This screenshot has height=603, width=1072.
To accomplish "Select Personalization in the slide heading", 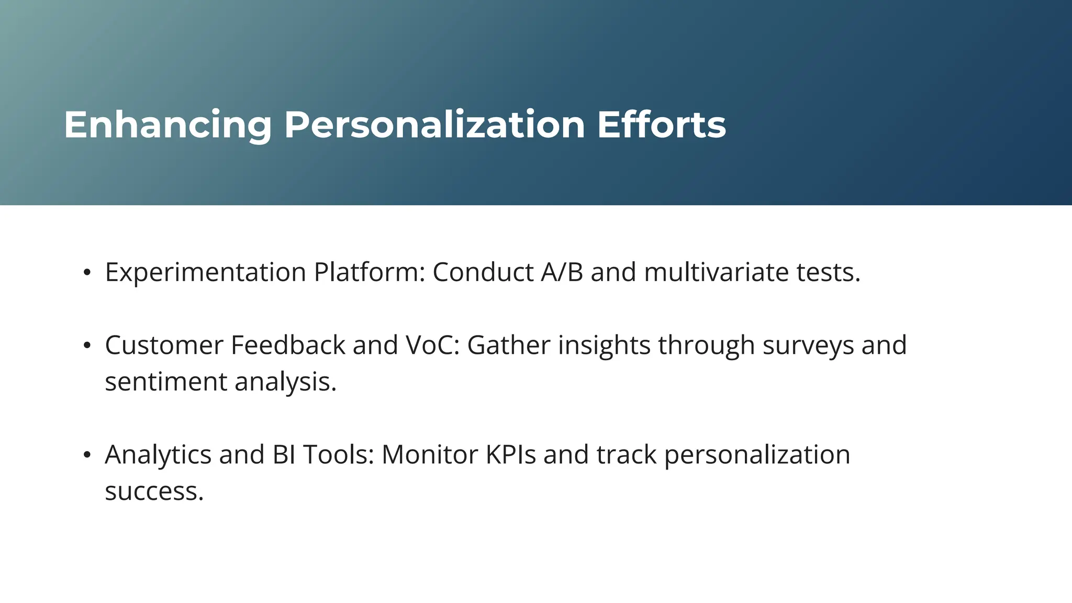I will (434, 126).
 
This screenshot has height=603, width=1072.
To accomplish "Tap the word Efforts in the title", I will (661, 126).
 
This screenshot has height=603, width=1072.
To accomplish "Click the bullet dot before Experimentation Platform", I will (87, 273).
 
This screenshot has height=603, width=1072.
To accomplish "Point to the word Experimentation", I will (205, 273).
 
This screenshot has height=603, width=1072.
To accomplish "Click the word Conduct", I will (483, 273).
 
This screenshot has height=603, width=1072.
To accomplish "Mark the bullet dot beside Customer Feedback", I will (87, 345).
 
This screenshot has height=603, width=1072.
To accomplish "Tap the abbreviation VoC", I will (432, 345).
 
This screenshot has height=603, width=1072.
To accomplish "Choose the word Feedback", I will (288, 345).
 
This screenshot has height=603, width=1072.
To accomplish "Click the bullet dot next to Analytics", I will (87, 455).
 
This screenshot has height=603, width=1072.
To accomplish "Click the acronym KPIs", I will (511, 455).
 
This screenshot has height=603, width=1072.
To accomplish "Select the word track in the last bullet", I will (627, 455).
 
